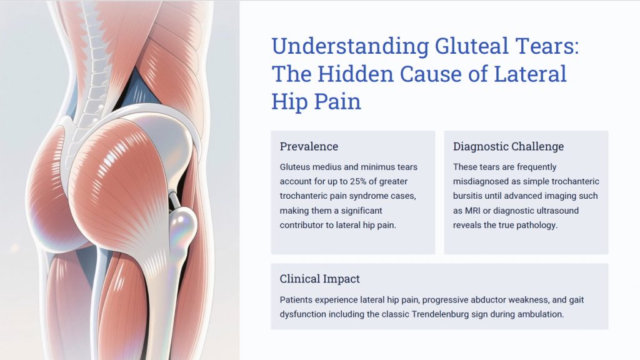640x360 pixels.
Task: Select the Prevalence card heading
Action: pyautogui.click(x=309, y=146)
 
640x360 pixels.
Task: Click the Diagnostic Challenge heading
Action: pyautogui.click(x=508, y=146)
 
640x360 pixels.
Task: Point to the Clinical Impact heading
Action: pyautogui.click(x=319, y=279)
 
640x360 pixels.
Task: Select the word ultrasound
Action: pyautogui.click(x=559, y=211)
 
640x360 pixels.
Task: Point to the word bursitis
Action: pyautogui.click(x=467, y=196)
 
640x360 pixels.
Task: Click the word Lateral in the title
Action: pyautogui.click(x=530, y=74)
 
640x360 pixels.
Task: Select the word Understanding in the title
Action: pyautogui.click(x=350, y=47)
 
